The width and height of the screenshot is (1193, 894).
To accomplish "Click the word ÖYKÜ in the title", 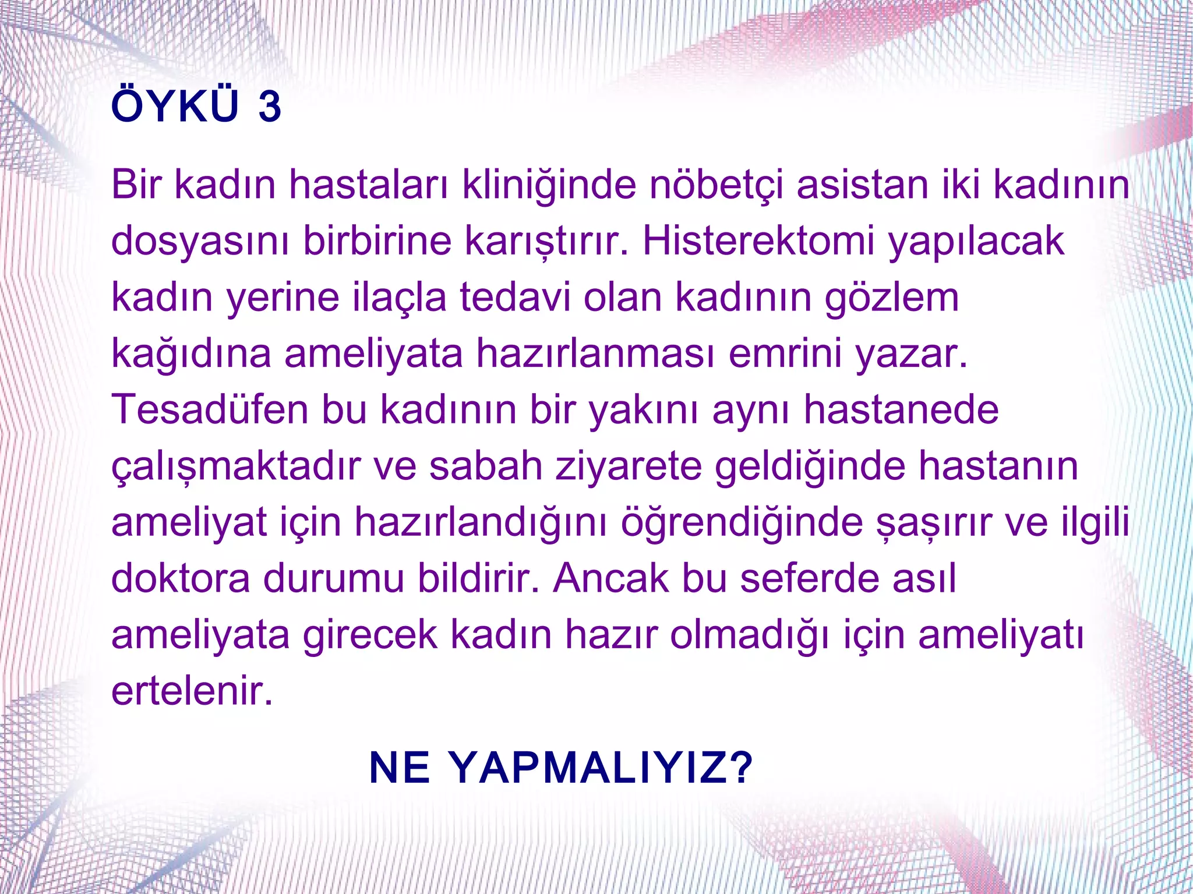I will point(175,106).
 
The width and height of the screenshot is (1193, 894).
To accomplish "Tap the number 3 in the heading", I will point(270,107).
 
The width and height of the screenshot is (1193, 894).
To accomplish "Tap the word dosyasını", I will point(200,242).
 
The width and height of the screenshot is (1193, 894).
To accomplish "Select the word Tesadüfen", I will point(210,409).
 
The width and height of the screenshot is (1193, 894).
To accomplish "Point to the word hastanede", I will point(901,409).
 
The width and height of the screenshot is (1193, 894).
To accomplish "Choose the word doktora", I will point(180,578).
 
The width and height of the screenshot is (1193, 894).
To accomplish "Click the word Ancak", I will point(611,578).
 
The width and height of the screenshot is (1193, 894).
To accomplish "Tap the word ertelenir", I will point(192,691).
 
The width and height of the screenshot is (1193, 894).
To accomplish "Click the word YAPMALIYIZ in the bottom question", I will point(602,768).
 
